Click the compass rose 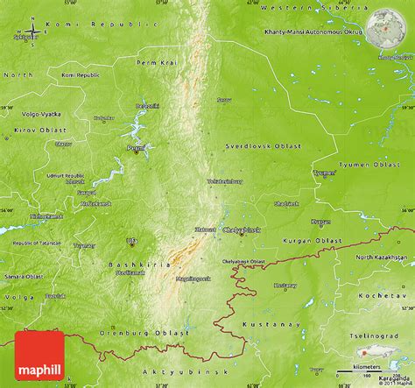[32, 33]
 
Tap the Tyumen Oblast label [372, 163]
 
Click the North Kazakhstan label [383, 257]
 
